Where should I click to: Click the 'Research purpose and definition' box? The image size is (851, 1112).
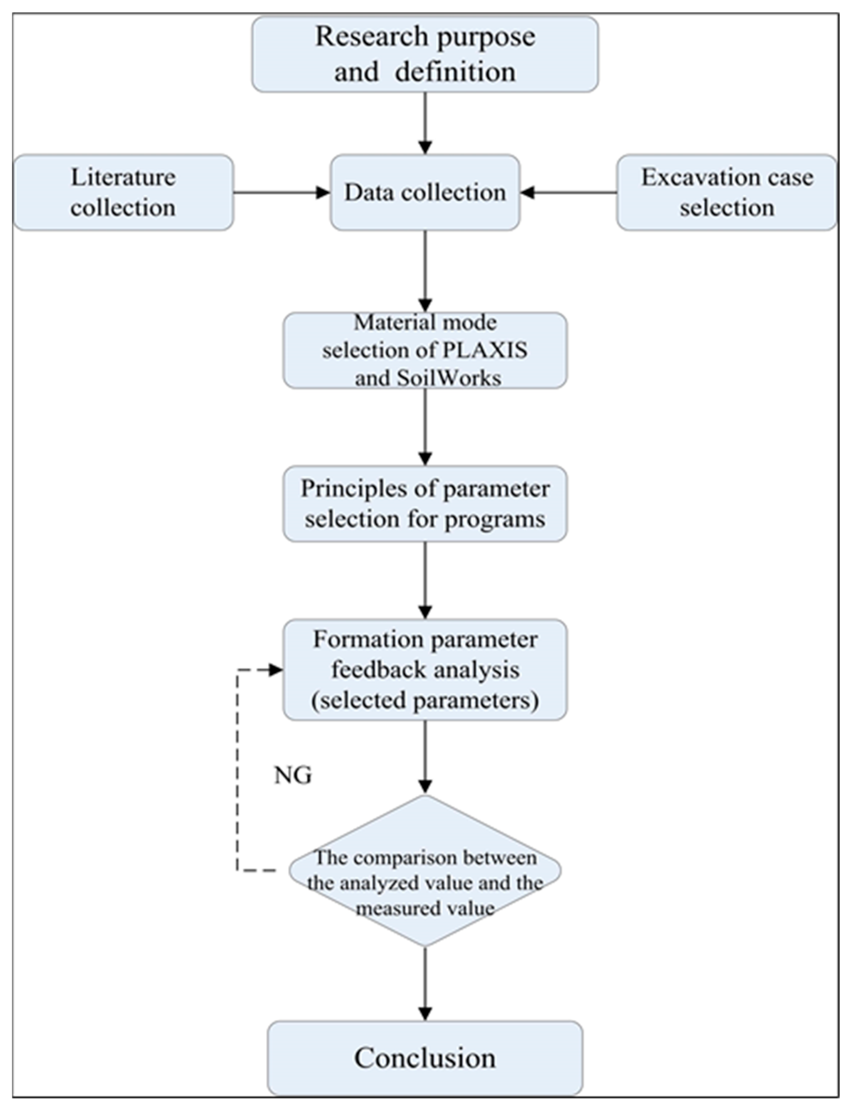[425, 54]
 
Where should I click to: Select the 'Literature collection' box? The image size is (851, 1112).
[123, 192]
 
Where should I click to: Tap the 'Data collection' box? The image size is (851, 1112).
[425, 192]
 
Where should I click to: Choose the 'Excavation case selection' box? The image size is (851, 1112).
[726, 192]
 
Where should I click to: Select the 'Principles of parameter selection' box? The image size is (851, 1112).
[425, 503]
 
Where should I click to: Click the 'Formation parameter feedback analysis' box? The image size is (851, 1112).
[425, 669]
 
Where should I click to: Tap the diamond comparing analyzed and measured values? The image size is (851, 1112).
[425, 870]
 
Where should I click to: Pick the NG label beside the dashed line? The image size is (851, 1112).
[293, 775]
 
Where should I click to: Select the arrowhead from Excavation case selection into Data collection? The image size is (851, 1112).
[528, 192]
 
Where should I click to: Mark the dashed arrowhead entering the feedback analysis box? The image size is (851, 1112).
[275, 670]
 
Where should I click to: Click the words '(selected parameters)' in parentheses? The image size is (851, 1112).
[425, 700]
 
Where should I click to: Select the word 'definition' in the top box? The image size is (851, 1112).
[455, 72]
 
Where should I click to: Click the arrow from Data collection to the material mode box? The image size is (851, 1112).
[425, 271]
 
